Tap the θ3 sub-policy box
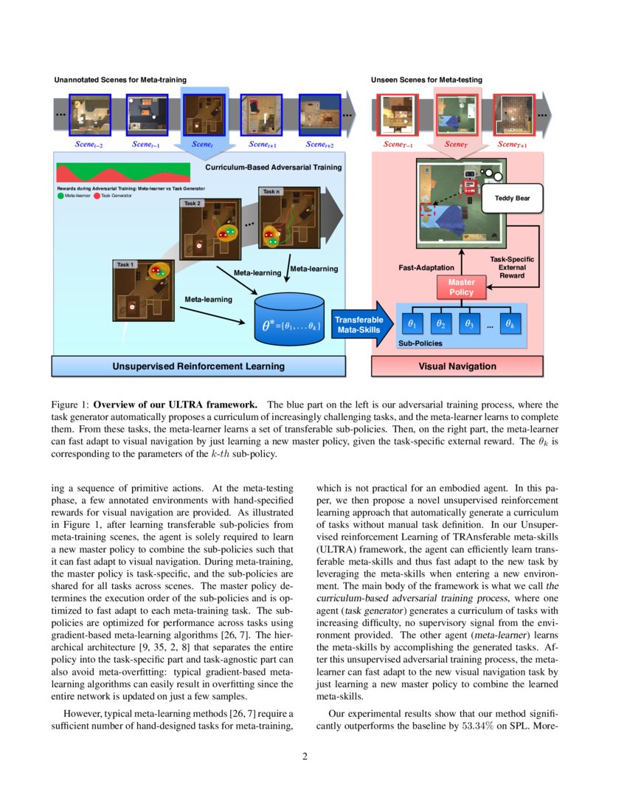pos(467,323)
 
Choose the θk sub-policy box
pos(509,323)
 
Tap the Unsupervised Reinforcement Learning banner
pos(198,365)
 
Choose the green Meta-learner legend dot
pos(60,196)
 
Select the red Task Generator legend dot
pos(97,196)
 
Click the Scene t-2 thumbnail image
pos(90,114)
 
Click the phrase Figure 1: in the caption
pos(69,405)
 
